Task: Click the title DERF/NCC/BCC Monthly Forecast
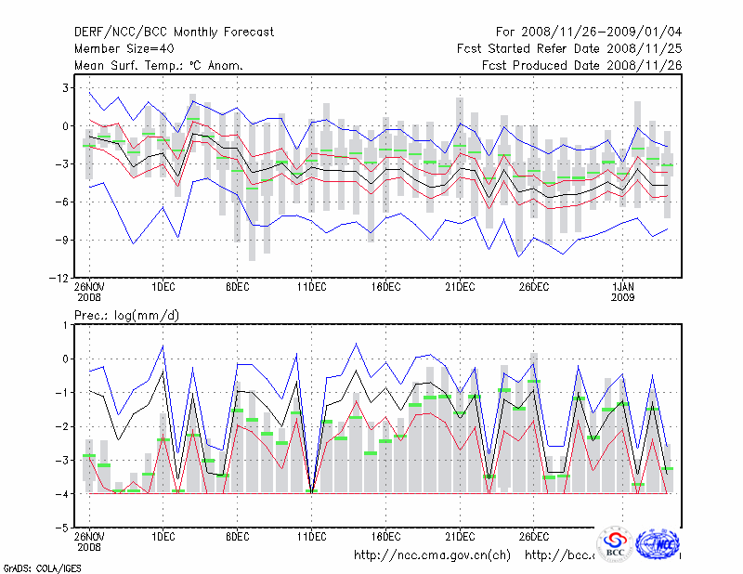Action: point(174,32)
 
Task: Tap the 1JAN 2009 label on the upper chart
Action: point(624,294)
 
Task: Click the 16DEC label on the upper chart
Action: point(385,287)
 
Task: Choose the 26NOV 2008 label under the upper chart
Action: point(89,294)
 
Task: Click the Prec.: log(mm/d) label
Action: point(127,316)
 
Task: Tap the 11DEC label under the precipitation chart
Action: point(311,537)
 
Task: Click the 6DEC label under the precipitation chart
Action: point(237,537)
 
